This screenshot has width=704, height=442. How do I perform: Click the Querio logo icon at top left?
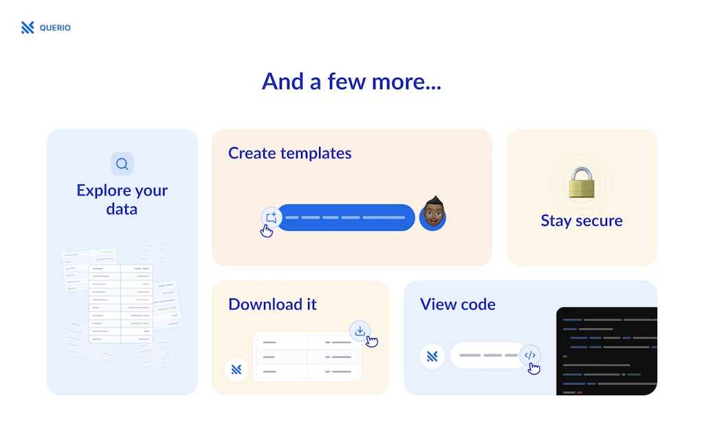[27, 27]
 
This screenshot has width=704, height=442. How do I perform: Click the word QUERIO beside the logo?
[55, 27]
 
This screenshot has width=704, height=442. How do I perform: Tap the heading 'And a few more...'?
[351, 81]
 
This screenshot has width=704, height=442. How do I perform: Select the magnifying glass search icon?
[122, 164]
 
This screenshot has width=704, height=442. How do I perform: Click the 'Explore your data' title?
[122, 199]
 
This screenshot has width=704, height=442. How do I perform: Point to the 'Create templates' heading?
[289, 153]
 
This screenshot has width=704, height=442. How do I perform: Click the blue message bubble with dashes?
[346, 218]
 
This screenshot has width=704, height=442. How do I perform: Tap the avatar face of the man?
[433, 213]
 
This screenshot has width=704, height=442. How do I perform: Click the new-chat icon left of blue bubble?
[272, 218]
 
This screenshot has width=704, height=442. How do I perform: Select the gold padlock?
[582, 183]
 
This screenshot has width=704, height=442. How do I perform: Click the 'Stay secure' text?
[582, 221]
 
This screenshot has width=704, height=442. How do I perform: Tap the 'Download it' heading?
[272, 305]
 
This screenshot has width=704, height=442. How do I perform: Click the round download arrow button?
[360, 331]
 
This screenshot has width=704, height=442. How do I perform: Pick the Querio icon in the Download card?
[236, 369]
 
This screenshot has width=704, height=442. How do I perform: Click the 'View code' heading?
[457, 305]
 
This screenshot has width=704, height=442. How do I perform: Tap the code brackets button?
[530, 355]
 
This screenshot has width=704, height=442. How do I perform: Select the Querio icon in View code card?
[432, 356]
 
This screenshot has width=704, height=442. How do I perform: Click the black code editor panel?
[606, 351]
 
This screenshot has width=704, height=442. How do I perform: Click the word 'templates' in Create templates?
[316, 153]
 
